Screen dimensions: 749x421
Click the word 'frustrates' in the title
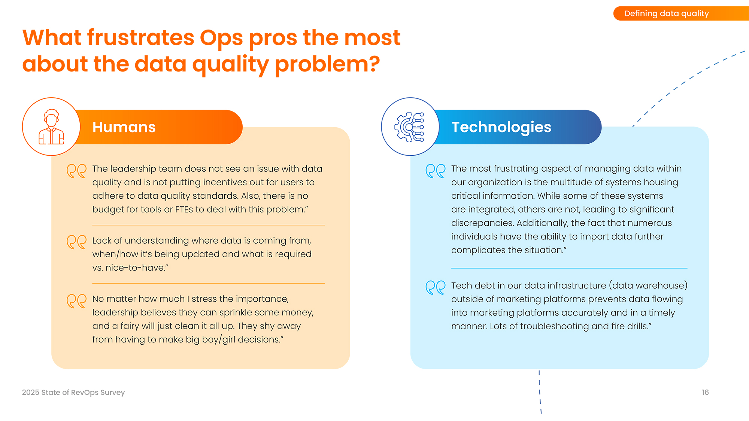point(140,37)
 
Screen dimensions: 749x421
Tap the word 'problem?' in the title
point(327,64)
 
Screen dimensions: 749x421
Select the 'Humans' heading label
point(124,127)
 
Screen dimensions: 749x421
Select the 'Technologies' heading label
point(501,128)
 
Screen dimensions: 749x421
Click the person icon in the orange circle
point(51,127)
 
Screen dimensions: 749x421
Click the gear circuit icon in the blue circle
point(409,127)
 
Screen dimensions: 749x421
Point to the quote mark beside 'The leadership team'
point(76,171)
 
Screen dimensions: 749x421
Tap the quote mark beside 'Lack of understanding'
point(76,242)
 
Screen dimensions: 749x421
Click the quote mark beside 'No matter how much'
point(76,301)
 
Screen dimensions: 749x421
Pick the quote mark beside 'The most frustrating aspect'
point(435,171)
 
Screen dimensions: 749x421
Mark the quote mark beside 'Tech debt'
point(435,287)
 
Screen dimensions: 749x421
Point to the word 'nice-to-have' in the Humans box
point(136,268)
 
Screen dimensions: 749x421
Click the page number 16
point(705,392)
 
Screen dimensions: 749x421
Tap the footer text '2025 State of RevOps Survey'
point(73,393)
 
